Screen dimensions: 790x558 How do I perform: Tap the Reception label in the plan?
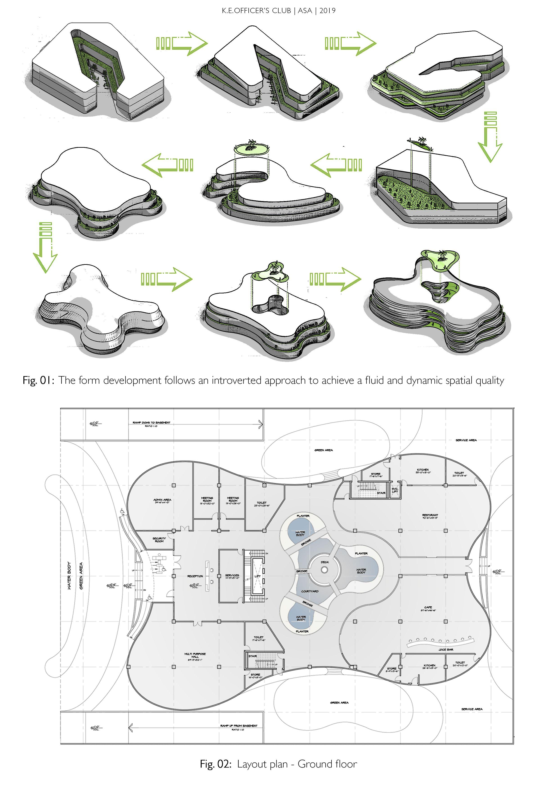tap(195, 576)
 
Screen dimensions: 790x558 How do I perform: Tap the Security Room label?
tap(159, 540)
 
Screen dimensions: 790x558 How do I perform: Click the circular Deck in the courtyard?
tap(324, 570)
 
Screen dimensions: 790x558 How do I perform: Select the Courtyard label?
tap(310, 591)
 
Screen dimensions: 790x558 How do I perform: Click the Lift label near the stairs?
tap(257, 576)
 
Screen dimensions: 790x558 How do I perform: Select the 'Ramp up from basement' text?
tap(238, 726)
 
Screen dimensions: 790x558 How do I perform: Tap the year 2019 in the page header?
tap(327, 11)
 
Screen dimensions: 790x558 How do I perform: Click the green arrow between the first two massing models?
tap(182, 43)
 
